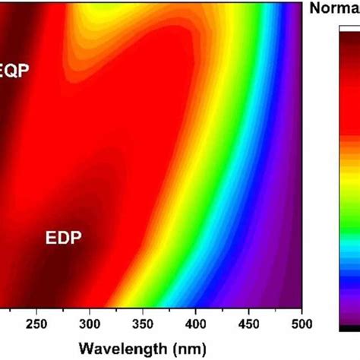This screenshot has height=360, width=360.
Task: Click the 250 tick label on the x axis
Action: pos(36,325)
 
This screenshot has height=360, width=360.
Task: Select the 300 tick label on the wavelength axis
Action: pos(90,325)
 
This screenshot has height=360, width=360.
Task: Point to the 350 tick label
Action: pos(143,325)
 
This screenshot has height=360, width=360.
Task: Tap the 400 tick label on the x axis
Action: pos(196,325)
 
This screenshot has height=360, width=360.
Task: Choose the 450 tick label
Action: pos(249,325)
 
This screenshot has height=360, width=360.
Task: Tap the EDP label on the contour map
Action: pos(63,238)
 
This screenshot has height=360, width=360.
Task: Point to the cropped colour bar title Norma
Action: pos(336,9)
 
